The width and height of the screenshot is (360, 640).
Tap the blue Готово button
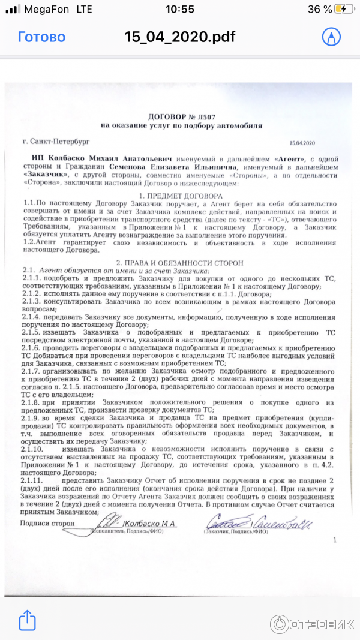[x=41, y=37]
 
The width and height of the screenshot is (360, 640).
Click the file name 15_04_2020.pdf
[x=180, y=37]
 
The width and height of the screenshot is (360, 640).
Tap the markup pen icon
[x=330, y=37]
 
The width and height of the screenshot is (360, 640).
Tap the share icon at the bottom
[x=27, y=620]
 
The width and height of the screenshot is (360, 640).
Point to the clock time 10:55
[x=179, y=9]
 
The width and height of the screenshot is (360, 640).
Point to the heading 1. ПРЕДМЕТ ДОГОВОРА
[x=181, y=197]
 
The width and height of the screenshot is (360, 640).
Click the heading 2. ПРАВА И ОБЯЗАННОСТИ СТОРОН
[x=181, y=263]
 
